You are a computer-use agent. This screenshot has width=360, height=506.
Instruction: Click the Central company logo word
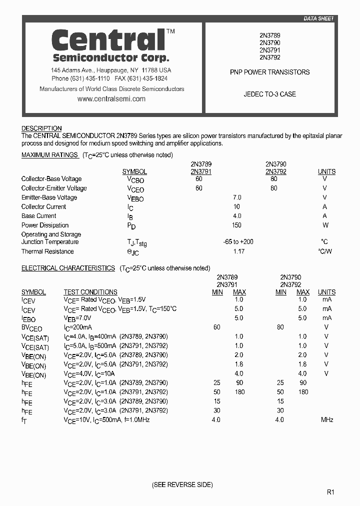(x=108, y=40)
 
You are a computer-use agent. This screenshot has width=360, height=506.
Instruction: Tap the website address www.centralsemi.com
(x=111, y=99)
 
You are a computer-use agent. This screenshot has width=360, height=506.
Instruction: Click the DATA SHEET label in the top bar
(x=318, y=18)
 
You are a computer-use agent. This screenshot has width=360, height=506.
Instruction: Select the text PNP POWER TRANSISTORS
(x=269, y=72)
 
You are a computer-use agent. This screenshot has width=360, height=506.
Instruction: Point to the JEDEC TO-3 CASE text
(x=269, y=94)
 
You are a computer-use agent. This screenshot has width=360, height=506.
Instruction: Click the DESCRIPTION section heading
(x=41, y=128)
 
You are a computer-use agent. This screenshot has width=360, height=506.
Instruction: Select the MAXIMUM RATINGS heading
(x=49, y=155)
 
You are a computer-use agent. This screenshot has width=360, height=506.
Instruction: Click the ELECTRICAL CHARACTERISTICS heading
(x=68, y=268)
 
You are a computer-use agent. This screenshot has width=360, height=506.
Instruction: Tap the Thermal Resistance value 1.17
(x=238, y=251)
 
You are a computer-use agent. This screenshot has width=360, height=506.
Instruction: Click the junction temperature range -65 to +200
(x=238, y=242)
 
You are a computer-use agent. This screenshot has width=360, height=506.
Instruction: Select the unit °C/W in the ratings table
(x=325, y=251)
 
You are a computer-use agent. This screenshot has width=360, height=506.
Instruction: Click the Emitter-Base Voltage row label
(x=49, y=197)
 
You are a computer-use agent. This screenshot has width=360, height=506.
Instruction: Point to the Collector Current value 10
(x=236, y=206)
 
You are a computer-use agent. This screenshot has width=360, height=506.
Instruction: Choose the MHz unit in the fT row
(x=327, y=420)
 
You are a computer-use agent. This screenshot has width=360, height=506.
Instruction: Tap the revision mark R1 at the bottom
(x=330, y=492)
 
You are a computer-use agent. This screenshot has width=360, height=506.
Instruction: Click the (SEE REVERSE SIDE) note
(x=182, y=485)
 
